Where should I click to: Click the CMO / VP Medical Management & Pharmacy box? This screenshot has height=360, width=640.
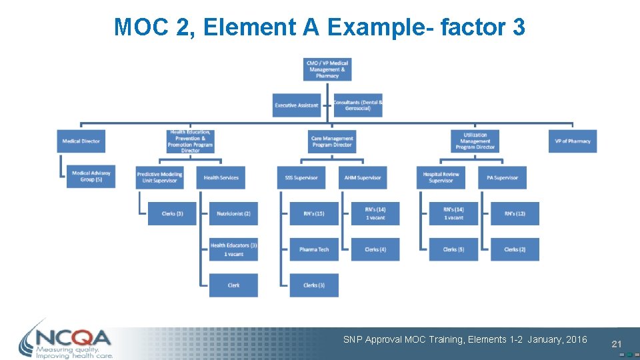[327, 69]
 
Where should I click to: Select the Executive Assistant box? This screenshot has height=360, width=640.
[297, 105]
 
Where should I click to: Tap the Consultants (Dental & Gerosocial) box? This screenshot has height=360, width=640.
[358, 105]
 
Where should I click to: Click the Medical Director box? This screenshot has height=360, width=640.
[81, 141]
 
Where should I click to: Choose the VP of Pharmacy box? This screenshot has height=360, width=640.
[573, 141]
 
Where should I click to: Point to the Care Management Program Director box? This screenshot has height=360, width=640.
[331, 141]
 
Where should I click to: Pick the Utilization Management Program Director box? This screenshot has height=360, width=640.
[475, 141]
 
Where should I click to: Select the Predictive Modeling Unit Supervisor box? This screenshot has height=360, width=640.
[159, 177]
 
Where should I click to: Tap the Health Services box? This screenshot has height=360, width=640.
[221, 177]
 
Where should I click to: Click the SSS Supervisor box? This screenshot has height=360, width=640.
[301, 177]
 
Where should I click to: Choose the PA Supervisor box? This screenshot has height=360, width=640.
[502, 177]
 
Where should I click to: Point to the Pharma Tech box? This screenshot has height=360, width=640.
[314, 249]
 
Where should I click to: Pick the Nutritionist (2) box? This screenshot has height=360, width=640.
[233, 213]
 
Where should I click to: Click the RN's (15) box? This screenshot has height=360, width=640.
[314, 213]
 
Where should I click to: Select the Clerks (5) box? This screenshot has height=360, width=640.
[453, 249]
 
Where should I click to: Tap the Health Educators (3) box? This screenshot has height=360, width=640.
[233, 249]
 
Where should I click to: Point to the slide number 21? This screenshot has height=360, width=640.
[616, 344]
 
